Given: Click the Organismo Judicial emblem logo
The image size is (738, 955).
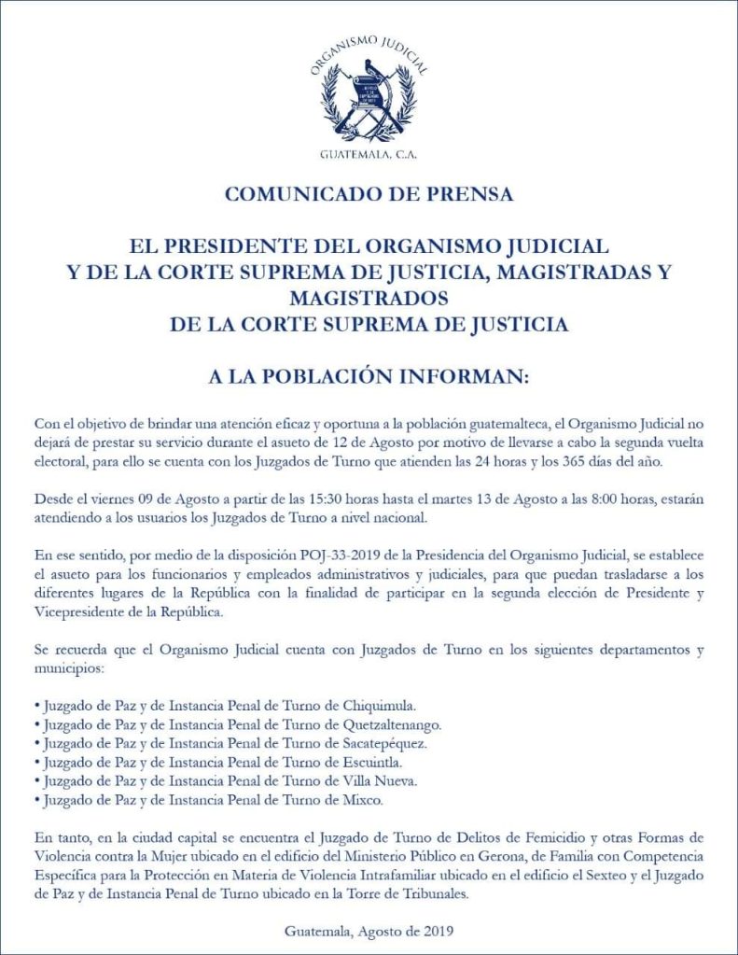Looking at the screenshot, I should tap(369, 94).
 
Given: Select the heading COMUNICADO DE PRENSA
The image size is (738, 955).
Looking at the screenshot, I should tap(369, 195).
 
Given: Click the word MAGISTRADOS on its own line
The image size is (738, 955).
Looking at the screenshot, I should tap(369, 299).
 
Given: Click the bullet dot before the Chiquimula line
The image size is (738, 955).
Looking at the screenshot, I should tap(35, 706).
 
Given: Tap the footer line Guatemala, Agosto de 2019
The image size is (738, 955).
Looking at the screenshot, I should tap(369, 931).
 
